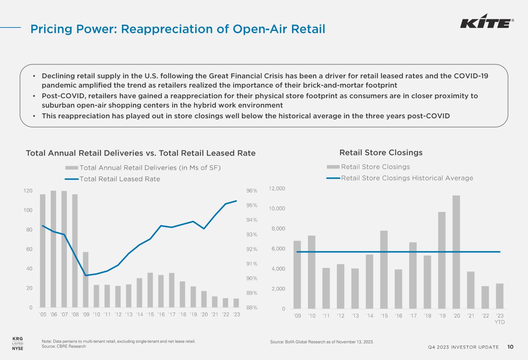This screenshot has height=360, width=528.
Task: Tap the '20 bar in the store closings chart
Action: (x=456, y=252)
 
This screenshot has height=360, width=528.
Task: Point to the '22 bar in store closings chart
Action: (x=485, y=297)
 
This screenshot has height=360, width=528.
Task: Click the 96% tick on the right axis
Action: (x=251, y=191)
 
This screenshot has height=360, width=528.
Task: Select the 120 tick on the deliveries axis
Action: (x=28, y=191)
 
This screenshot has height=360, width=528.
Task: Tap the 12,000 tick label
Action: (x=277, y=189)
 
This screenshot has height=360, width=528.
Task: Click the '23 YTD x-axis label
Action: (x=500, y=319)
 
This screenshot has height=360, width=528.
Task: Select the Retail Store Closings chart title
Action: (x=381, y=153)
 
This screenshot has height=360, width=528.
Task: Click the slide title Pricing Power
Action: (x=178, y=29)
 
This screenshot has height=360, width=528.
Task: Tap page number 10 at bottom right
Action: (x=510, y=347)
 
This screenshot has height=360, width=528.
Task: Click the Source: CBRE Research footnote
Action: (x=64, y=346)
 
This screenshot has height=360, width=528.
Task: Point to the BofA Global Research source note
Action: (x=321, y=342)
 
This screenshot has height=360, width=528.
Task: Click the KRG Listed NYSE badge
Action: (x=18, y=343)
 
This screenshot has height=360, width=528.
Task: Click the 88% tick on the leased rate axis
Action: (x=251, y=308)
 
